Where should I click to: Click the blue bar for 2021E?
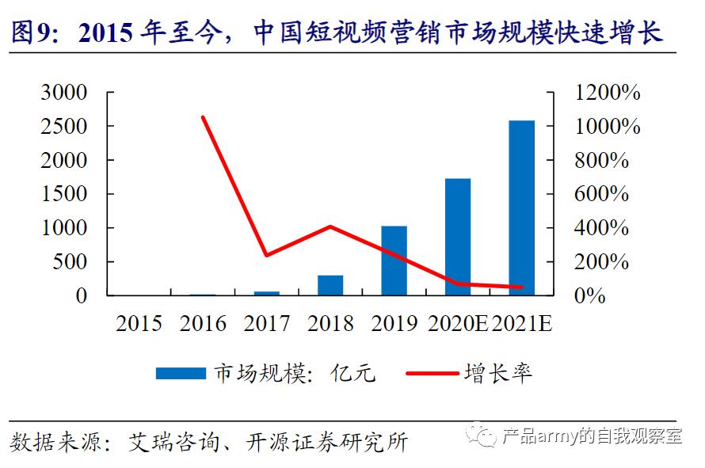point(521,208)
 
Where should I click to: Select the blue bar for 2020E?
point(458,237)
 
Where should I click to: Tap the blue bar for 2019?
point(394,261)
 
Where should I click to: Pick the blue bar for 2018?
point(330,285)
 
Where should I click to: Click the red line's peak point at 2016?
point(203,117)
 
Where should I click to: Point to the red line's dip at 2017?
point(266,255)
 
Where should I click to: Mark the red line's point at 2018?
point(330,226)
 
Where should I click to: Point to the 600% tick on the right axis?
point(602,194)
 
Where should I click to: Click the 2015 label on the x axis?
point(139,324)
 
